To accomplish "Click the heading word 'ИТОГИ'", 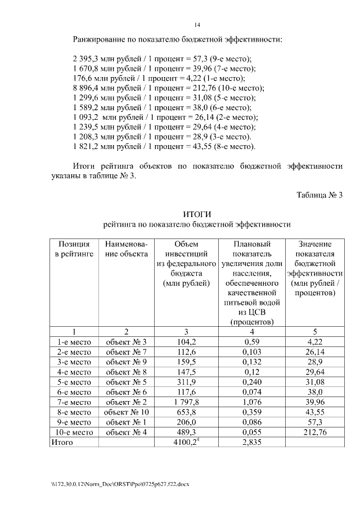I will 197,214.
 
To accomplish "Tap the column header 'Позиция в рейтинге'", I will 74,249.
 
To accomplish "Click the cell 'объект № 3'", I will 126,341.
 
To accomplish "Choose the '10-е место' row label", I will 74,433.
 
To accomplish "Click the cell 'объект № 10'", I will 126,412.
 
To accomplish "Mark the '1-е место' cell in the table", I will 74,341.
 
